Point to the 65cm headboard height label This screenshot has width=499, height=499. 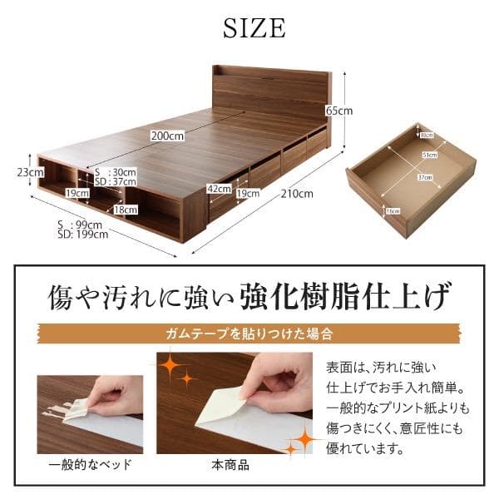click(x=338, y=111)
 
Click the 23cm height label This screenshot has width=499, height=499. click(x=35, y=172)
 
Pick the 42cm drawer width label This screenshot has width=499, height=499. click(x=220, y=189)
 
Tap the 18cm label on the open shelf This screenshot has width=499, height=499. click(x=125, y=210)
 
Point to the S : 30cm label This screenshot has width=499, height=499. click(x=116, y=172)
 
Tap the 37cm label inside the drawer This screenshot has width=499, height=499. click(x=424, y=177)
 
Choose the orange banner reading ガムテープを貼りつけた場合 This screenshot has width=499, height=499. click(x=249, y=334)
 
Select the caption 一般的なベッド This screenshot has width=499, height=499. click(x=90, y=464)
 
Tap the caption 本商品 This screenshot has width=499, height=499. click(x=230, y=464)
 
